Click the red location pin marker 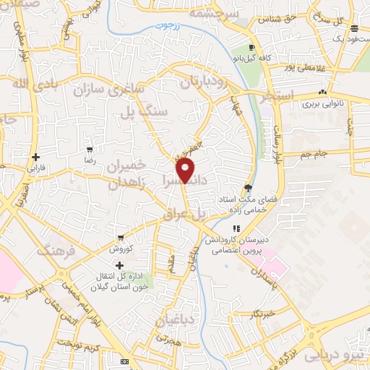pos(186,170)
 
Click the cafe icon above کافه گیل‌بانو pos(251,45)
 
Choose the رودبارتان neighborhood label pos(205,81)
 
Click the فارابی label pos(35,168)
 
